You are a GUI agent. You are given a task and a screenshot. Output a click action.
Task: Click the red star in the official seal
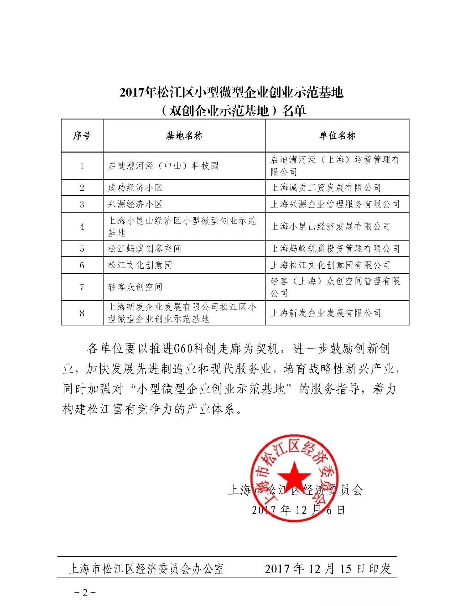pyautogui.click(x=294, y=475)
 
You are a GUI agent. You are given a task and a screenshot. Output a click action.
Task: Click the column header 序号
pyautogui.click(x=82, y=136)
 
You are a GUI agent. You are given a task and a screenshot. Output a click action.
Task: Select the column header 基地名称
pyautogui.click(x=184, y=136)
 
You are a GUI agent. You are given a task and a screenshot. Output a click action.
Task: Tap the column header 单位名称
pyautogui.click(x=337, y=136)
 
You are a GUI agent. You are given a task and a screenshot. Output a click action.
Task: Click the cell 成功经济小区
pyautogui.click(x=135, y=188)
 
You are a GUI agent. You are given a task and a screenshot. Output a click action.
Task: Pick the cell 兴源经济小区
pyautogui.click(x=135, y=204)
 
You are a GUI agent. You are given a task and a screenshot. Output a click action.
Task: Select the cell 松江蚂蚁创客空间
pyautogui.click(x=144, y=248)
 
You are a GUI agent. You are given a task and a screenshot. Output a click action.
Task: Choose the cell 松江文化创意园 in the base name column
pyautogui.click(x=140, y=265)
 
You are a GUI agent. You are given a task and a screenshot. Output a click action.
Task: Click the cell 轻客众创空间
pyautogui.click(x=135, y=287)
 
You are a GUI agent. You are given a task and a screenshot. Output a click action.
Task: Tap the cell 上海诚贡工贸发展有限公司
pyautogui.click(x=326, y=188)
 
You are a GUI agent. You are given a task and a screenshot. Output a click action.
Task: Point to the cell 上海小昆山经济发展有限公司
pyautogui.click(x=331, y=226)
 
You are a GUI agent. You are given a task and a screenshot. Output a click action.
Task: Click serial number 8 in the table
pyautogui.click(x=82, y=313)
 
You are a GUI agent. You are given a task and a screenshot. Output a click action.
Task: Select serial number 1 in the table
pyautogui.click(x=82, y=166)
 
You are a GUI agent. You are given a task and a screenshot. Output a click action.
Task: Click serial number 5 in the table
pyautogui.click(x=82, y=248)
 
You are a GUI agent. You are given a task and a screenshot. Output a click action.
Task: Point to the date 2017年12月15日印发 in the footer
pyautogui.click(x=328, y=569)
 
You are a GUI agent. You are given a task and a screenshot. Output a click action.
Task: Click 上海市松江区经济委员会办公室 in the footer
pyautogui.click(x=146, y=569)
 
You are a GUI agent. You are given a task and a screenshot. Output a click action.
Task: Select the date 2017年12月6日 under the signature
pyautogui.click(x=299, y=510)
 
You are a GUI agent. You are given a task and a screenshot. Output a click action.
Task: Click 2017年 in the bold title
pyautogui.click(x=137, y=93)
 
